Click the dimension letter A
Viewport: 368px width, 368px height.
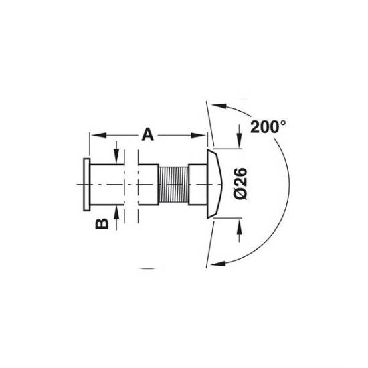pos(148,134)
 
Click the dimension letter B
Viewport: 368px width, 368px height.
pos(102,223)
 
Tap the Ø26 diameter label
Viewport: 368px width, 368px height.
pos(241,184)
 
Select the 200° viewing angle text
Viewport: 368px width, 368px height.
pos(268,127)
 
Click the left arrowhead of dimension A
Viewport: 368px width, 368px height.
pos(98,135)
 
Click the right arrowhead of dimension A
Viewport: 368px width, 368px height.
pos(198,135)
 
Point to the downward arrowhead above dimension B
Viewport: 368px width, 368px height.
pos(116,156)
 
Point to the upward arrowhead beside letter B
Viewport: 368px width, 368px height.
pos(116,214)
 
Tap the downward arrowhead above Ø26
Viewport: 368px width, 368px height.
pos(239,140)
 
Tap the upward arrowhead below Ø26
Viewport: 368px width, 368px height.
pos(239,227)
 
